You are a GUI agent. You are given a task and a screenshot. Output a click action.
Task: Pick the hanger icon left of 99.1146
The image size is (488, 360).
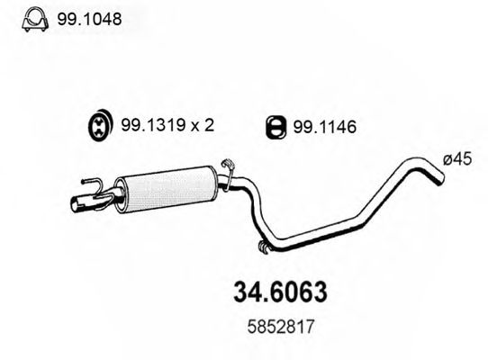[277, 129]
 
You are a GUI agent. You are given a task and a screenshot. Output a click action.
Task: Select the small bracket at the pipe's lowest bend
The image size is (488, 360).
[262, 247]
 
